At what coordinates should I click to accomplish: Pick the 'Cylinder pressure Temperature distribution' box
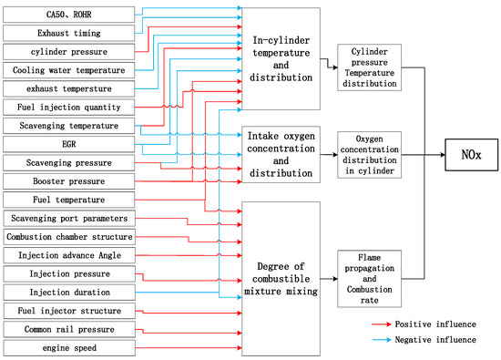[x=370, y=68]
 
